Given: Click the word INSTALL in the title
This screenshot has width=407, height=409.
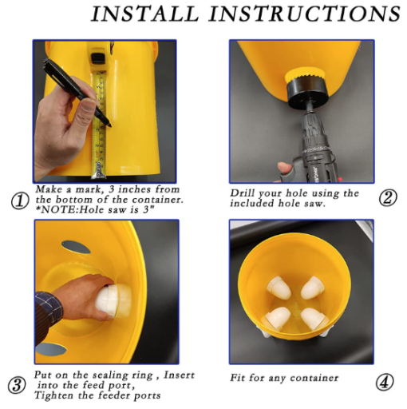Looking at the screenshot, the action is (x=145, y=14).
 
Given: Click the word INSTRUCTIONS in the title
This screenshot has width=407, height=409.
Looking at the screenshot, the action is (x=305, y=14).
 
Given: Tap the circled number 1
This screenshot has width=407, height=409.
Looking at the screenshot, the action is (x=20, y=201).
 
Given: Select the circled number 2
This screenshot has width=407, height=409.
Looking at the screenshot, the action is (x=388, y=197).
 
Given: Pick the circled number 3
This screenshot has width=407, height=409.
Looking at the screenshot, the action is (x=17, y=385).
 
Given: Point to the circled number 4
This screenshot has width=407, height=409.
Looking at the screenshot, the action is (x=385, y=383).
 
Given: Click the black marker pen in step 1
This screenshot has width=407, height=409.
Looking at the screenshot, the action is (x=77, y=93).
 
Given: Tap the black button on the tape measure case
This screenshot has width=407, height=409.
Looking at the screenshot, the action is (x=96, y=58).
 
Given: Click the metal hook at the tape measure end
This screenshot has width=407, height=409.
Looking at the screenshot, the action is (x=99, y=170).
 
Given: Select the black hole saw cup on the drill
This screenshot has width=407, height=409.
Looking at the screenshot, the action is (x=307, y=92).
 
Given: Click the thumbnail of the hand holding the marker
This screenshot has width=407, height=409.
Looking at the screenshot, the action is (x=88, y=105).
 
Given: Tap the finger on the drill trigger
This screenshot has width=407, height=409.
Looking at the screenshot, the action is (x=285, y=169).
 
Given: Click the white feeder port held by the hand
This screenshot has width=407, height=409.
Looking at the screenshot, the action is (x=113, y=300).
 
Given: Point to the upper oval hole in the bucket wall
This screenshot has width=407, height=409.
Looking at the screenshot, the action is (x=76, y=247).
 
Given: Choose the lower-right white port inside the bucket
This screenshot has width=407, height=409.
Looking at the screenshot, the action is (x=314, y=318).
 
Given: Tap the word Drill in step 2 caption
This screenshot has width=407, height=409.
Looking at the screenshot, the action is (x=242, y=193).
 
